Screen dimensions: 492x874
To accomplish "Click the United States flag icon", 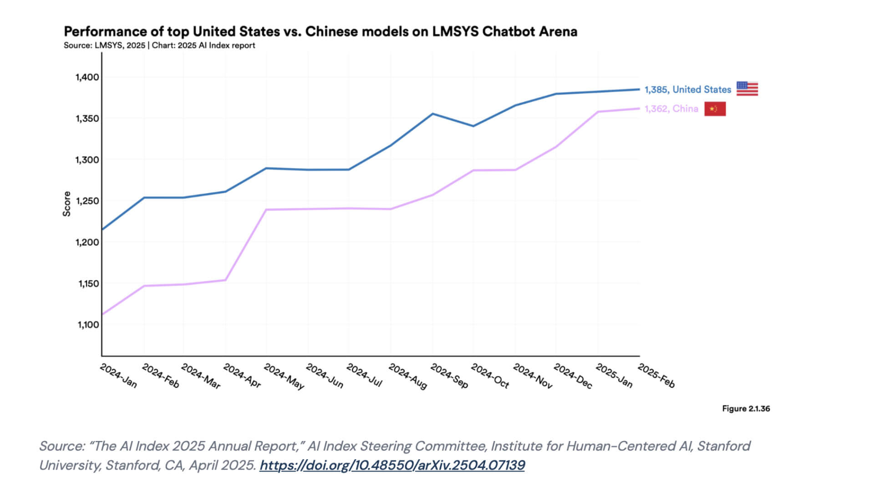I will tap(747, 89).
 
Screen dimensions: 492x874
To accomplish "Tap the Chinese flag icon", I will tap(715, 109).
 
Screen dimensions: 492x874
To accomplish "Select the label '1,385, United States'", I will tap(687, 90).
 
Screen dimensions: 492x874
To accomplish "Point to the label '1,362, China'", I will tap(671, 109).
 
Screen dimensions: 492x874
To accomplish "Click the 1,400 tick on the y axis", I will tap(87, 77).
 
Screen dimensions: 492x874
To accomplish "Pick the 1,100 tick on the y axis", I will tap(88, 325).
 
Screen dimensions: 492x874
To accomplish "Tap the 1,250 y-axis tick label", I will tap(87, 201).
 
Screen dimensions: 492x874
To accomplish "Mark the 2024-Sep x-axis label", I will tap(449, 376).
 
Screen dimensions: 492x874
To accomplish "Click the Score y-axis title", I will tap(67, 204).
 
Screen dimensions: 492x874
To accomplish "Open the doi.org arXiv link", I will tap(392, 465).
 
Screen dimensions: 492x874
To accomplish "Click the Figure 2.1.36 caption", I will tap(746, 409).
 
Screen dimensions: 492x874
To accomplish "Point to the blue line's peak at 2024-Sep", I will tap(432, 114).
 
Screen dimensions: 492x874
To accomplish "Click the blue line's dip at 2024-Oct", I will tap(473, 126).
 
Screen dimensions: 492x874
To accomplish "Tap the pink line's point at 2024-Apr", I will tap(225, 280).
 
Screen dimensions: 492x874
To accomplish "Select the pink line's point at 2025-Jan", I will tap(598, 112).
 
